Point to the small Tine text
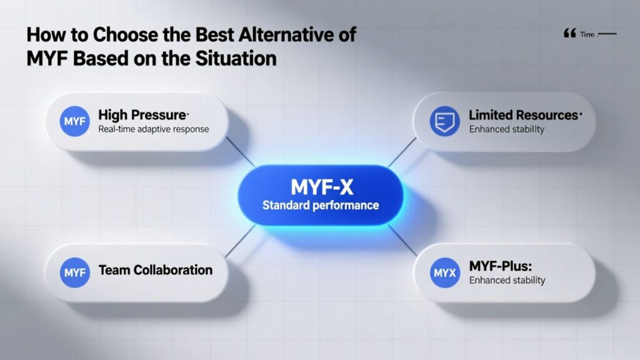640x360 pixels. pyautogui.click(x=588, y=35)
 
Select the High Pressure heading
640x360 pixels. pyautogui.click(x=143, y=115)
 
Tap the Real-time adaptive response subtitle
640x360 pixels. pyautogui.click(x=154, y=130)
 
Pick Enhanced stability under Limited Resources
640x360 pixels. pyautogui.click(x=507, y=129)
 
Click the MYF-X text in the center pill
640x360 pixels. pyautogui.click(x=319, y=186)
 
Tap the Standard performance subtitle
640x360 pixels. pyautogui.click(x=320, y=205)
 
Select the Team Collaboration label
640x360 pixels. pyautogui.click(x=156, y=270)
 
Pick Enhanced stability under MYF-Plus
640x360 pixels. pyautogui.click(x=507, y=280)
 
